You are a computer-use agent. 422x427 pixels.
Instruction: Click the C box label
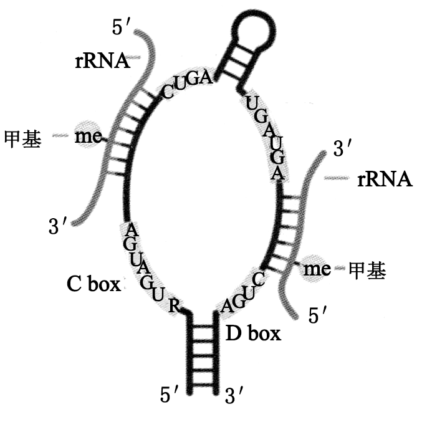pyautogui.click(x=94, y=284)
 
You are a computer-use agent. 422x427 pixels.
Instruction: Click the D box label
pyautogui.click(x=252, y=333)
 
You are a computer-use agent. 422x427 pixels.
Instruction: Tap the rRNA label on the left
pyautogui.click(x=100, y=60)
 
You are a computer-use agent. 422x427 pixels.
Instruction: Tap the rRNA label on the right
pyautogui.click(x=385, y=180)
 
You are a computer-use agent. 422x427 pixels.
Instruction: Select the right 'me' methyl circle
pyautogui.click(x=316, y=269)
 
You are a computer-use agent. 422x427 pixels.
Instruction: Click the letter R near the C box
pyautogui.click(x=175, y=305)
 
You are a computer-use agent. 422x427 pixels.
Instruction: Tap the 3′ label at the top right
pyautogui.click(x=343, y=148)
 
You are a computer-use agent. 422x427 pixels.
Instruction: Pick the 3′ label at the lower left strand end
pyautogui.click(x=57, y=226)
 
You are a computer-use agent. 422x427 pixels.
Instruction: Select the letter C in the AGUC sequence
pyautogui.click(x=259, y=279)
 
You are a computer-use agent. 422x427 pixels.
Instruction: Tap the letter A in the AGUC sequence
pyautogui.click(x=228, y=305)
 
